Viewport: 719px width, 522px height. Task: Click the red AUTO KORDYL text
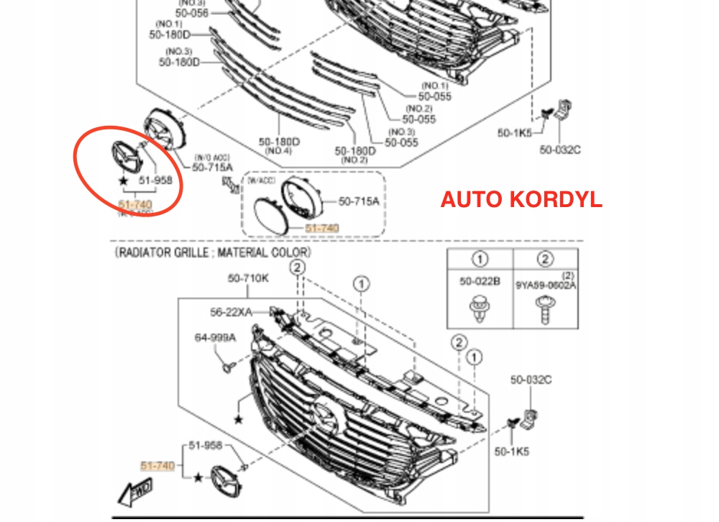(x=521, y=199)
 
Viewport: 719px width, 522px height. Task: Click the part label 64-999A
(x=215, y=337)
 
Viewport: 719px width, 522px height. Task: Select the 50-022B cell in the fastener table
(x=480, y=282)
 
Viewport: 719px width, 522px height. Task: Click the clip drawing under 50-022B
(x=480, y=311)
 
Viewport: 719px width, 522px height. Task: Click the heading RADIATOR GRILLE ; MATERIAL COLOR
(x=213, y=253)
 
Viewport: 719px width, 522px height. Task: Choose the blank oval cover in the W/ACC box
(x=271, y=215)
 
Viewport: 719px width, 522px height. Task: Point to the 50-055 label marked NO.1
(x=436, y=95)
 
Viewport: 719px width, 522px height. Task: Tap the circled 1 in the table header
(x=480, y=260)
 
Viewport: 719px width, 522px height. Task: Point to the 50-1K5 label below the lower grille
(x=511, y=452)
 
